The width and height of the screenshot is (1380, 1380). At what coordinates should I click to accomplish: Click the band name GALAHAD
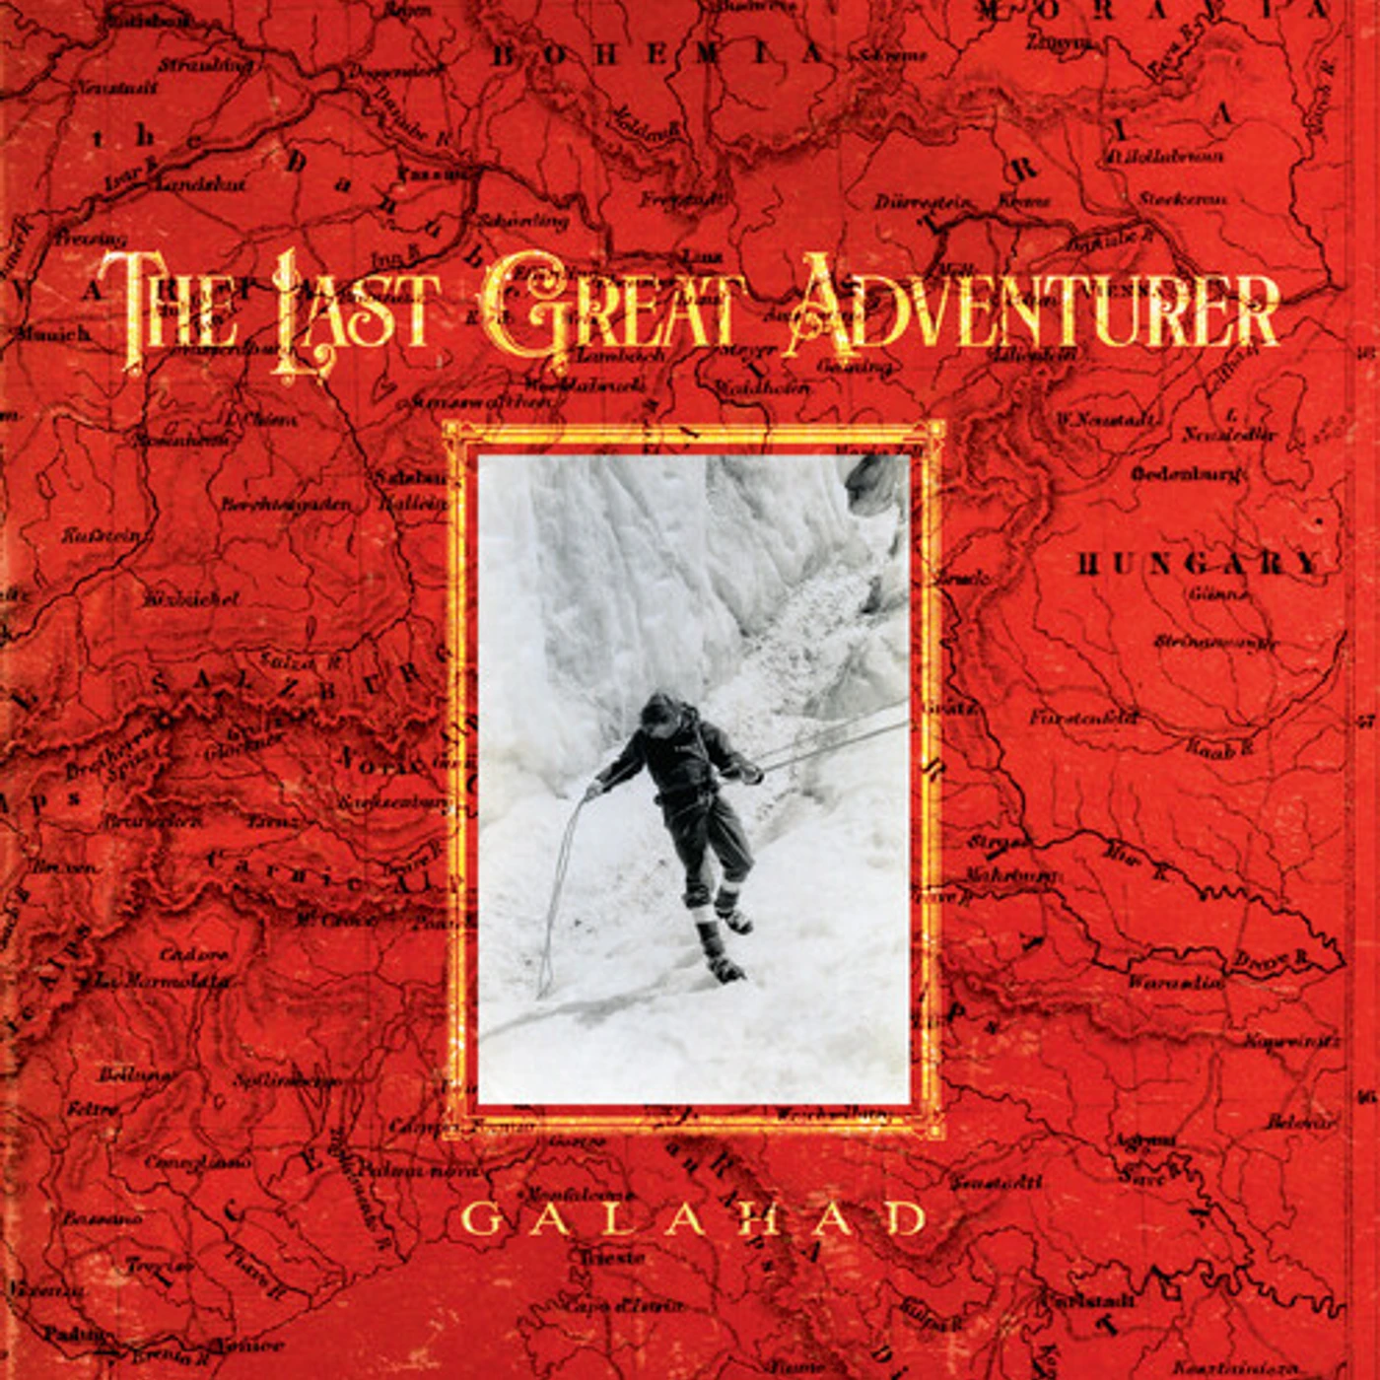click(694, 1219)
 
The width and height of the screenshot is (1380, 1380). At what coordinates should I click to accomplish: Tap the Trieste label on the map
click(611, 1258)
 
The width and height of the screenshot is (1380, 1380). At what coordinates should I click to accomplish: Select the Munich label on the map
click(53, 333)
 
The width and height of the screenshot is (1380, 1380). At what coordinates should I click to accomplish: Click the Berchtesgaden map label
click(285, 504)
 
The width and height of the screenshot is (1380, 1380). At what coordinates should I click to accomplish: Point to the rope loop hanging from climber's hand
click(557, 887)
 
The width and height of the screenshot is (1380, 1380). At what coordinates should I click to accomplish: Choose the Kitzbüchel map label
click(191, 598)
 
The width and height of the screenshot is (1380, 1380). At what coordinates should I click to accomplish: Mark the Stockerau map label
click(1182, 199)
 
